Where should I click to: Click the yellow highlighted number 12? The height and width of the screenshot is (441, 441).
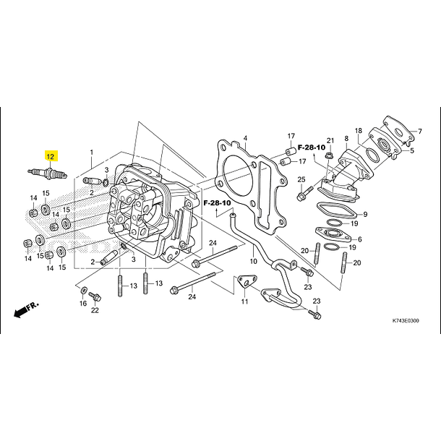[x=51, y=156]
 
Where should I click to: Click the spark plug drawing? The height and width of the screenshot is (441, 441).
[x=48, y=173]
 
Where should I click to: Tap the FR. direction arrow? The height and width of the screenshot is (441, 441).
[x=26, y=309]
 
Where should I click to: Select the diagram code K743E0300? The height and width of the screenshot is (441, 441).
[x=406, y=320]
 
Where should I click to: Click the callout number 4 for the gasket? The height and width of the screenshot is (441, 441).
[x=245, y=138]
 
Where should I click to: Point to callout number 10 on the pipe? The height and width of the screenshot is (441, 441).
[x=254, y=261]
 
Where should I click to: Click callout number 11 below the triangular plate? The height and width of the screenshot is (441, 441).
[x=244, y=301]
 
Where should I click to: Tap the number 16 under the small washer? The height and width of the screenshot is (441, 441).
[x=83, y=304]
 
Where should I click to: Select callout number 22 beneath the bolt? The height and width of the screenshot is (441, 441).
[x=95, y=310]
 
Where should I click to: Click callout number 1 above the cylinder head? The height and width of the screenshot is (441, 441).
[x=91, y=153]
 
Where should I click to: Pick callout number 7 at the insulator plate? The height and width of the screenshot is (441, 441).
[x=420, y=132]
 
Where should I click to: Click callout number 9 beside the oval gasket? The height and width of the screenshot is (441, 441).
[x=365, y=214]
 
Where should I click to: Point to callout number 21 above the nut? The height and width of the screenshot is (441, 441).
[x=330, y=141]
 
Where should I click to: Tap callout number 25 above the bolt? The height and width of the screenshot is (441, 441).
[x=301, y=179]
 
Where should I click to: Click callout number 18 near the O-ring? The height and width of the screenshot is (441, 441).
[x=359, y=131]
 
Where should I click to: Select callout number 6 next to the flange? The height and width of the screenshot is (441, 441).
[x=360, y=239]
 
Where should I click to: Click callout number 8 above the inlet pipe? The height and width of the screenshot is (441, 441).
[x=346, y=138]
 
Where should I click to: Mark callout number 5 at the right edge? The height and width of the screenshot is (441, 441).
[x=412, y=150]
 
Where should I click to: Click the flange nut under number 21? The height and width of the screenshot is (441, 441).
[x=329, y=155]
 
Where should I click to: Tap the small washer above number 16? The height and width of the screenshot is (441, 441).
[x=84, y=290]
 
